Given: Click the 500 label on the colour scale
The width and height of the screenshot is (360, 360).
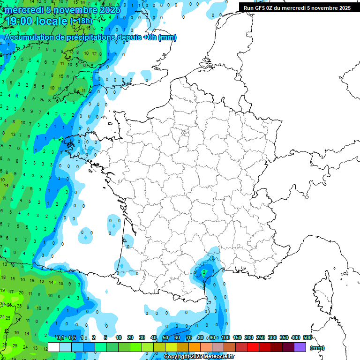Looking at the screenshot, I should pyautogui.click(x=307, y=338).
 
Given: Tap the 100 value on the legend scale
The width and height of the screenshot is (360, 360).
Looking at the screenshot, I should pyautogui.click(x=225, y=338).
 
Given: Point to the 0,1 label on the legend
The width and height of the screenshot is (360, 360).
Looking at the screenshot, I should pyautogui.click(x=60, y=338).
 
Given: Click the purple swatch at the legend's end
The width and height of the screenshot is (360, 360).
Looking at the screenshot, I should pyautogui.click(x=300, y=347).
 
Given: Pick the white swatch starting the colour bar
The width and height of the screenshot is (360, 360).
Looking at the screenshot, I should pyautogui.click(x=54, y=347).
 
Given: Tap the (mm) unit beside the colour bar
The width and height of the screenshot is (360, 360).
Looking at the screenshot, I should pyautogui.click(x=317, y=348).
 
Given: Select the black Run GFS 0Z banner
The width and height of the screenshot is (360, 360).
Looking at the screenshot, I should pyautogui.click(x=297, y=7).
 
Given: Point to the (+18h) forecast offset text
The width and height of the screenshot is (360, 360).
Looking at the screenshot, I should pyautogui.click(x=81, y=21).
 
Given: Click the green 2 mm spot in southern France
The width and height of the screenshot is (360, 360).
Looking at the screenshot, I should pyautogui.click(x=204, y=271).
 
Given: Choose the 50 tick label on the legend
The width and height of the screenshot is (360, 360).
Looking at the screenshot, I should pyautogui.click(x=165, y=338).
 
